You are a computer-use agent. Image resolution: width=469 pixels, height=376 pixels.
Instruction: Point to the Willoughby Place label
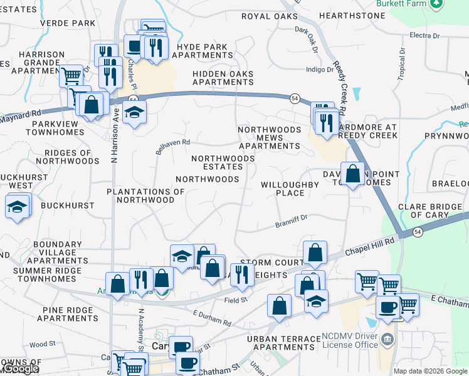290,189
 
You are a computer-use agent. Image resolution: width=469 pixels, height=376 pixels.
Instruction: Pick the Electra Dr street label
424,36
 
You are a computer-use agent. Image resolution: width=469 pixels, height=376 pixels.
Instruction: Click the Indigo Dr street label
320,70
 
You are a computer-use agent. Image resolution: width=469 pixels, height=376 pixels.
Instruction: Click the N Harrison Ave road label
115,143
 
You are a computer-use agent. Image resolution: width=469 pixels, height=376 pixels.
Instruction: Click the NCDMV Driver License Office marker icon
387,340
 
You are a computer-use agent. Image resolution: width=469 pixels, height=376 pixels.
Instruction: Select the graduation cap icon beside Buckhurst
17,206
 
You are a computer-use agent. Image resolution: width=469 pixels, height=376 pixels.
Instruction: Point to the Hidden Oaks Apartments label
223,78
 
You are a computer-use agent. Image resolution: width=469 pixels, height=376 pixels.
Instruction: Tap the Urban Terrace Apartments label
284,343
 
